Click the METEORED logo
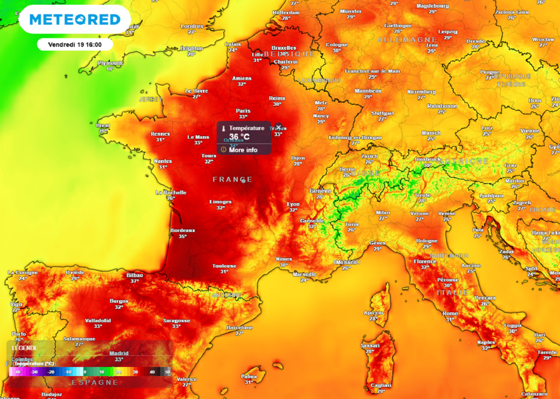[x=75, y=20]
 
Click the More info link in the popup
[x=243, y=150]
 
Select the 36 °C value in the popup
[x=239, y=137]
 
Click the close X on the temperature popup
[x=278, y=127]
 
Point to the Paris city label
[x=243, y=110]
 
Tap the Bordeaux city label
[x=183, y=230]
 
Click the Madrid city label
[x=119, y=353]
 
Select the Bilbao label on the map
[x=134, y=275]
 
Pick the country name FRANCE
[x=232, y=179]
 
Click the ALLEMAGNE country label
[x=407, y=40]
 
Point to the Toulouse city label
[x=224, y=266]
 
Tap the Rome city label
[x=450, y=313]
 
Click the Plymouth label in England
[x=110, y=63]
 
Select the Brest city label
[x=103, y=125]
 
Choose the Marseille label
[x=305, y=274]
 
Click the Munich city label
[x=431, y=133]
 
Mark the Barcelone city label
[x=240, y=327]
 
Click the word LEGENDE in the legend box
[x=25, y=348]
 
